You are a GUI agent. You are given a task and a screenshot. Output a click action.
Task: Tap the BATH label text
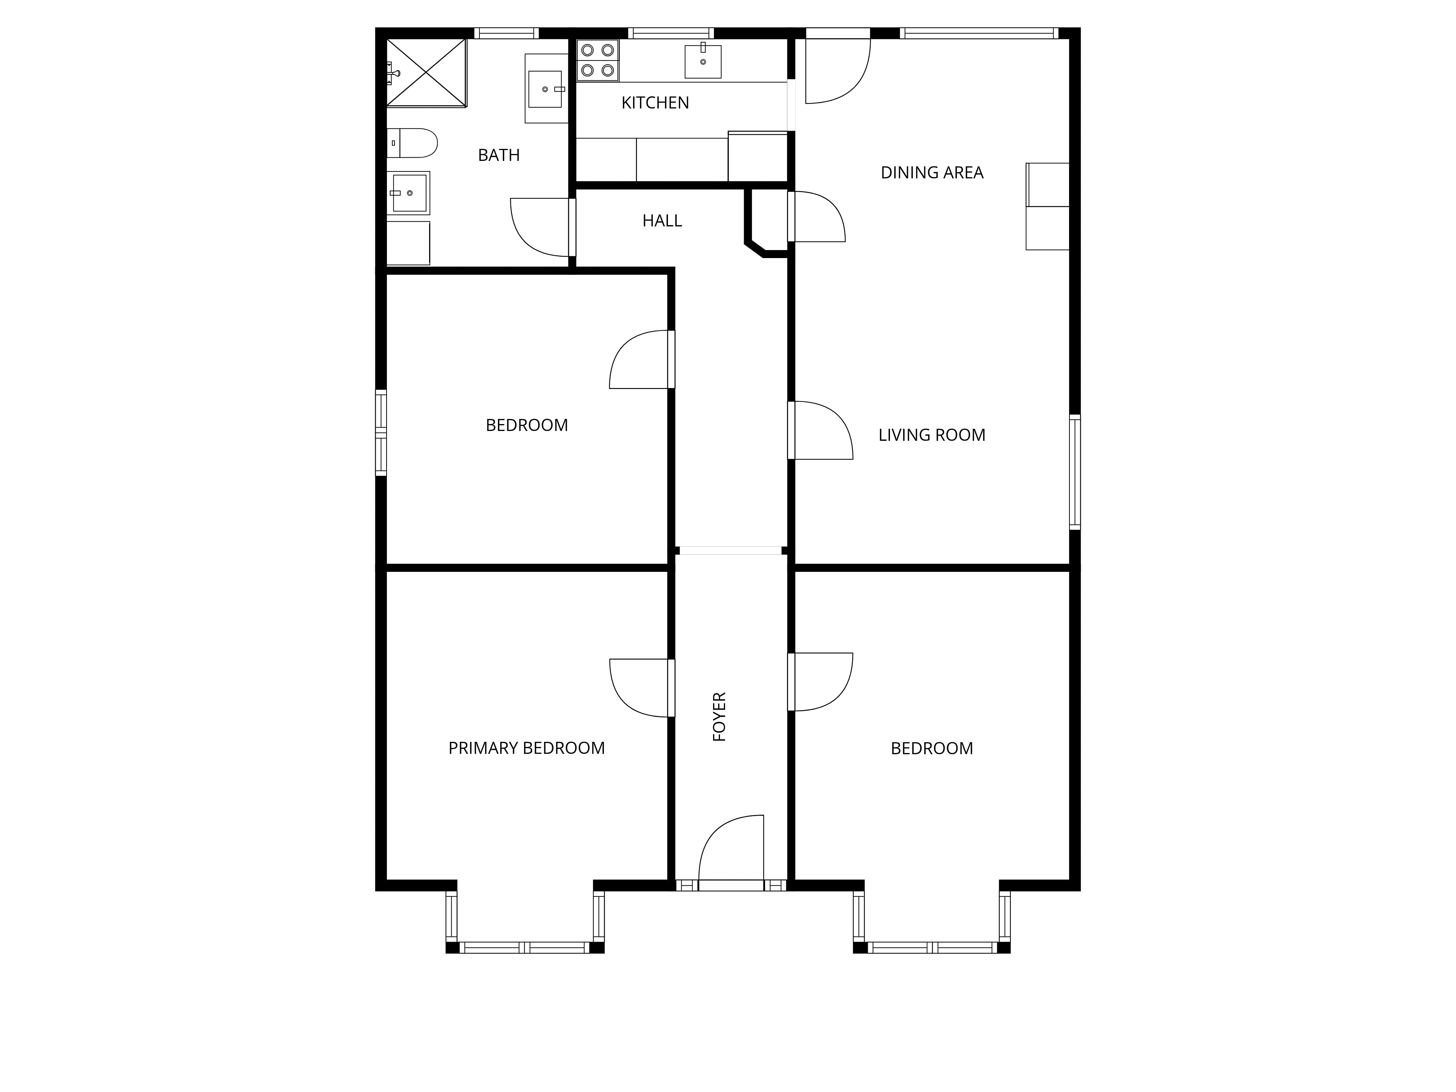click(x=499, y=155)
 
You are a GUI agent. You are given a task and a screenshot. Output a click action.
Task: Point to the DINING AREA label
click(x=932, y=173)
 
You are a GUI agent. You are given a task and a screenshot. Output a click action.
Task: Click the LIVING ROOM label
click(x=932, y=435)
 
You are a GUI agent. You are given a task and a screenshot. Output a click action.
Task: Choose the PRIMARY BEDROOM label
click(x=527, y=748)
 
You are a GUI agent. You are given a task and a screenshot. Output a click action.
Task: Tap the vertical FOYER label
click(x=719, y=717)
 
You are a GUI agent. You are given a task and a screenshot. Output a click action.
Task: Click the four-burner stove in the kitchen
click(x=598, y=60)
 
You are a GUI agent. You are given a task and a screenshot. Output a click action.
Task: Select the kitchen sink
click(x=703, y=61)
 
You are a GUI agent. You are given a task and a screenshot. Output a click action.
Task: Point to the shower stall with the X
click(x=426, y=72)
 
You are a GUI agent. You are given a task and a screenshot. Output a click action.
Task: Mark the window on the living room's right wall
click(x=1075, y=472)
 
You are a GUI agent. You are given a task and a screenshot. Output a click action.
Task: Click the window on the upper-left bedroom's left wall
click(x=380, y=432)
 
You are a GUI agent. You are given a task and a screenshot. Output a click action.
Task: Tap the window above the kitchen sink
click(x=671, y=33)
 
